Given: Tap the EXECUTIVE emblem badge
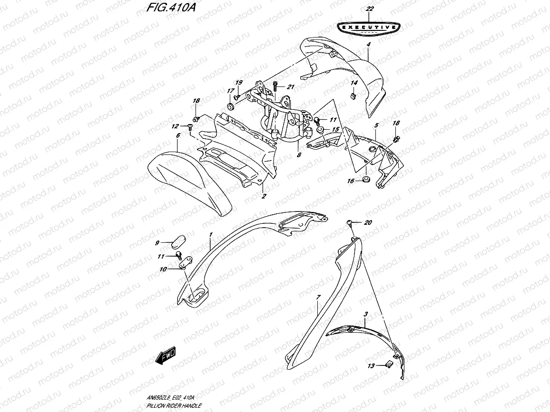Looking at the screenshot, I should (x=368, y=28).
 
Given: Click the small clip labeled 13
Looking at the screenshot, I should (x=388, y=364).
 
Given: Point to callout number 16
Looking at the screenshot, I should (x=351, y=181).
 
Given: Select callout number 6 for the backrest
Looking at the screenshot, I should (x=177, y=135).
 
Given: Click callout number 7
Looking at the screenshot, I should (x=318, y=297).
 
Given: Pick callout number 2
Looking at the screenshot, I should (x=263, y=195).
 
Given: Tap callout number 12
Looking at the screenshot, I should (x=174, y=126).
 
